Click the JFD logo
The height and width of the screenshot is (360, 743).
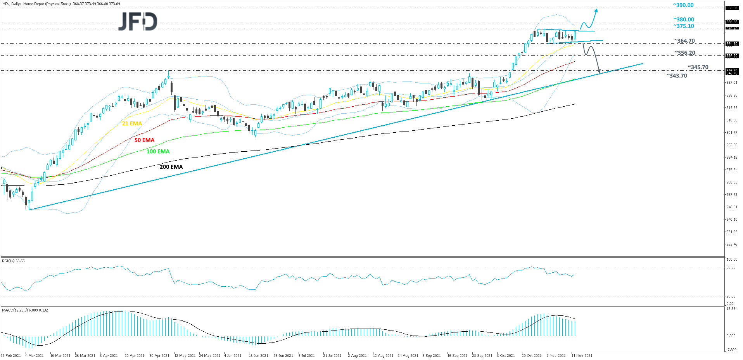(x=138, y=21)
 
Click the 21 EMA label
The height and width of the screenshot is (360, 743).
(x=132, y=123)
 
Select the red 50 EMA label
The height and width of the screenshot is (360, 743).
(x=144, y=140)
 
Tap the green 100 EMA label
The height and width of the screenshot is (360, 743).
(x=158, y=151)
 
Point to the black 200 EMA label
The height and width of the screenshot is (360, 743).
(x=171, y=167)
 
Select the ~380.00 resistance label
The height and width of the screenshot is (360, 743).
(x=683, y=19)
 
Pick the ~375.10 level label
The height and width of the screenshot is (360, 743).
(x=683, y=26)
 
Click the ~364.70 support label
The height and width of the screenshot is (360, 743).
(x=684, y=41)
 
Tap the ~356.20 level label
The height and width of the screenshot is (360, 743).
(x=684, y=53)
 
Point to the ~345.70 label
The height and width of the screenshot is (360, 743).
(x=698, y=67)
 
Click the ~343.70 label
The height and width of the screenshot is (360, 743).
(x=677, y=76)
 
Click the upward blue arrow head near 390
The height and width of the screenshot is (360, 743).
(x=596, y=10)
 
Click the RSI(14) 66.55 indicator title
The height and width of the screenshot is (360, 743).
(x=13, y=261)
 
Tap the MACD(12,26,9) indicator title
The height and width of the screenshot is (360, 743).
(x=25, y=310)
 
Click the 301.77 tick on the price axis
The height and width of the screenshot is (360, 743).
(x=731, y=133)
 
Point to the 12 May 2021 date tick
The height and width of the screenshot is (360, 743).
(x=185, y=355)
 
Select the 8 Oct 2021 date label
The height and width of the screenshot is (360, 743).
(x=506, y=355)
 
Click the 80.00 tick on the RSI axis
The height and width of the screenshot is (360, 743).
(x=731, y=267)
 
